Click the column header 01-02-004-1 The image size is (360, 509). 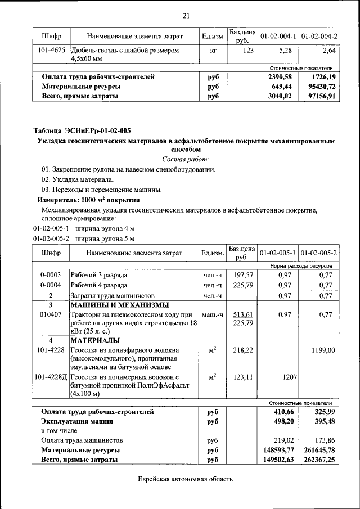[x=278, y=36]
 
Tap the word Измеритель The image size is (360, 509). [x=58, y=200]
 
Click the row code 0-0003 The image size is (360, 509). [x=51, y=275]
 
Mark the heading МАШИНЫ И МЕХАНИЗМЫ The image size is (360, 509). [x=119, y=305]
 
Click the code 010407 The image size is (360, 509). [x=51, y=314]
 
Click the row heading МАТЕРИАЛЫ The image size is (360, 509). [x=94, y=341]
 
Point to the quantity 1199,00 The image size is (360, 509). [x=323, y=350]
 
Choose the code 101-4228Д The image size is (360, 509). [x=51, y=377]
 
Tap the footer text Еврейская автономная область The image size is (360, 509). [x=185, y=479]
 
